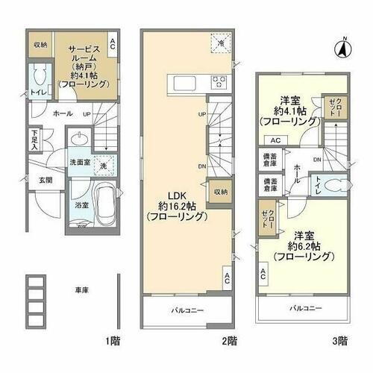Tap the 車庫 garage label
pos(82,289)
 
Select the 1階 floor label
pos(112,341)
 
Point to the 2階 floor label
pos(229,341)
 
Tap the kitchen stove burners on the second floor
pos(219,82)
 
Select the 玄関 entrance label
pos(45,181)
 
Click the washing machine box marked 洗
pos(104,165)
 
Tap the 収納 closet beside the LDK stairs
pos(219,192)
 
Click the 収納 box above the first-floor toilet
pos(39,46)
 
